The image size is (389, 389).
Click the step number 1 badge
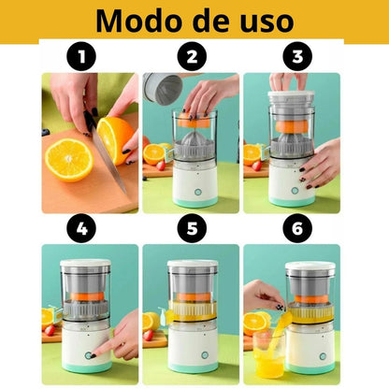[87, 58]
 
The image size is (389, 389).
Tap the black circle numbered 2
[193, 58]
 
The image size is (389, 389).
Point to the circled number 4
[87, 227]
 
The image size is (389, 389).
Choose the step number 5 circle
[193, 227]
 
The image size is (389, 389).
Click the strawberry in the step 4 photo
[49, 330]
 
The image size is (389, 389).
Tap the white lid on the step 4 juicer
[85, 266]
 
